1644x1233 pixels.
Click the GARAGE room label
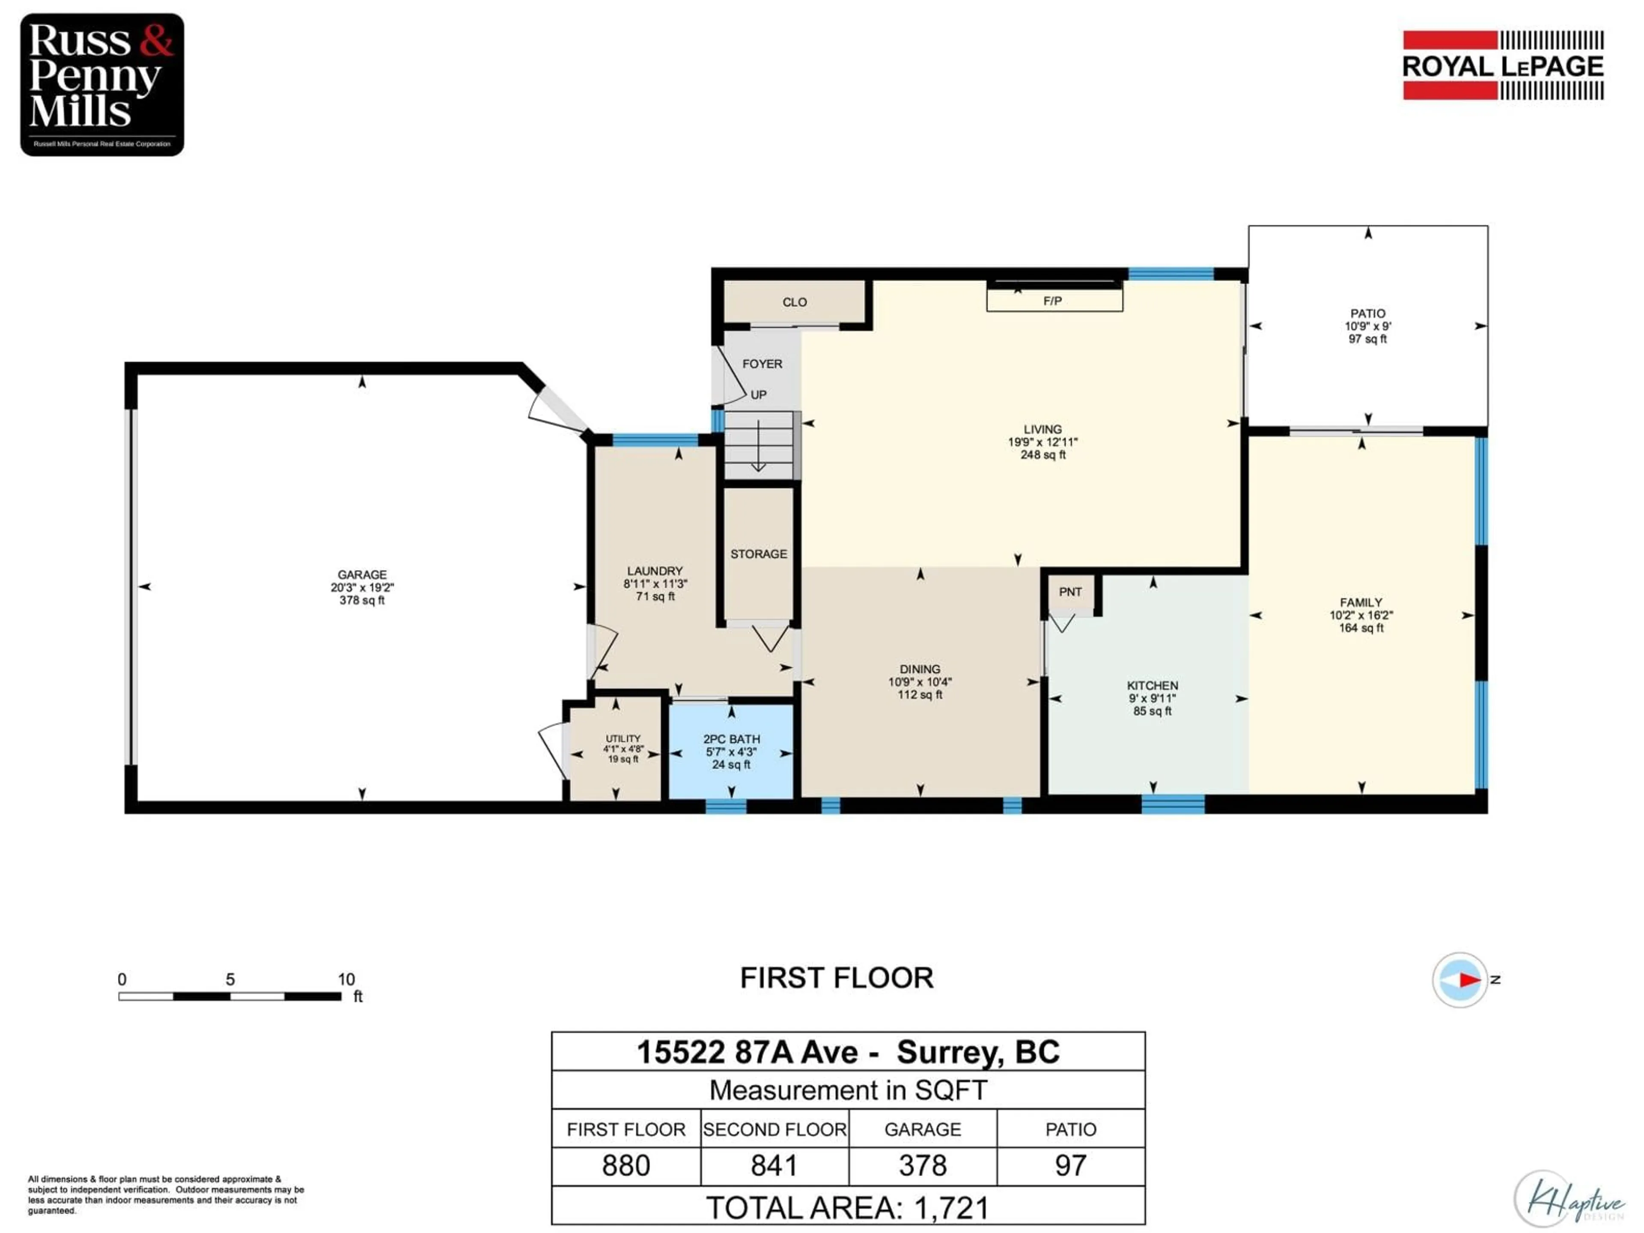(x=362, y=575)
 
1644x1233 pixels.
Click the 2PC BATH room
(x=731, y=751)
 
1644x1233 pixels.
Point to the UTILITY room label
(x=623, y=739)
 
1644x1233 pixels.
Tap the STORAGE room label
(x=758, y=554)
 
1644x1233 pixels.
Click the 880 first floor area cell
(x=626, y=1165)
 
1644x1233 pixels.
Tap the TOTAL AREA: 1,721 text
(x=847, y=1208)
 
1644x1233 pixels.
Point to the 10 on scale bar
(x=346, y=980)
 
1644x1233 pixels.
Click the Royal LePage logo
(x=1503, y=66)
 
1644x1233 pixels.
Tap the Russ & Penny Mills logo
(x=102, y=84)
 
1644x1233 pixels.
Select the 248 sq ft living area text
(x=1043, y=455)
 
